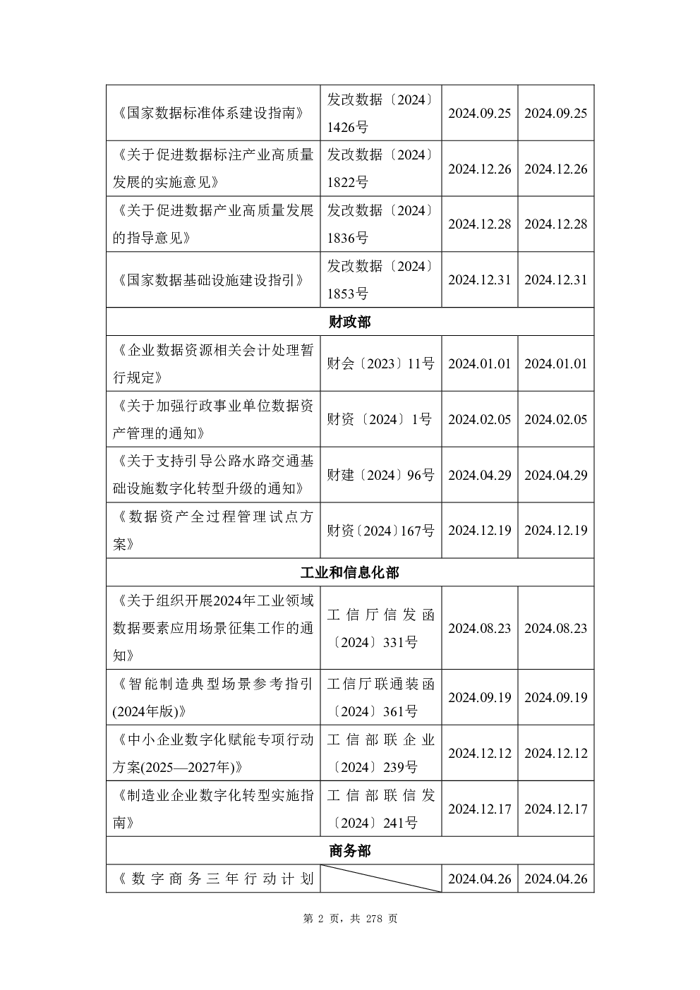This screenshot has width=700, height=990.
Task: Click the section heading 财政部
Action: click(349, 322)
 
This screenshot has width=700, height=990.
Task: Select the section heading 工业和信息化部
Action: click(349, 572)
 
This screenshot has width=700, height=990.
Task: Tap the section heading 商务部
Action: click(349, 851)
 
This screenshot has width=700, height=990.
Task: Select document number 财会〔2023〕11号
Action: click(380, 363)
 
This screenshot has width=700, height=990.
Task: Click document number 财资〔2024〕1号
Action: click(379, 419)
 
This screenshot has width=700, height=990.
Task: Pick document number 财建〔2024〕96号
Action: click(380, 475)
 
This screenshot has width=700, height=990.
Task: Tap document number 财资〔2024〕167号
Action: click(380, 531)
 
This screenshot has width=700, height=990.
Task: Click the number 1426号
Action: click(347, 127)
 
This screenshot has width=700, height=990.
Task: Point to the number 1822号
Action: click(347, 182)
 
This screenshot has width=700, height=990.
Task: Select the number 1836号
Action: click(347, 239)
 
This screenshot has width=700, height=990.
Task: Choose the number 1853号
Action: click(347, 294)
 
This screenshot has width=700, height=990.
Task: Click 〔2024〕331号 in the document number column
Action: click(374, 641)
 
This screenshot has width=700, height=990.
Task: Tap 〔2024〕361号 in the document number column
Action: click(374, 711)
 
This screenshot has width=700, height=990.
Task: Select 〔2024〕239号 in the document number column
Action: click(374, 767)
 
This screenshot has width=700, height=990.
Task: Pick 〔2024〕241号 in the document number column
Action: click(374, 823)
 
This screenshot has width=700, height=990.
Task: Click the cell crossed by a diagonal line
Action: click(381, 879)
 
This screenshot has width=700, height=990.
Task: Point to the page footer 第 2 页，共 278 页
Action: click(350, 919)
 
